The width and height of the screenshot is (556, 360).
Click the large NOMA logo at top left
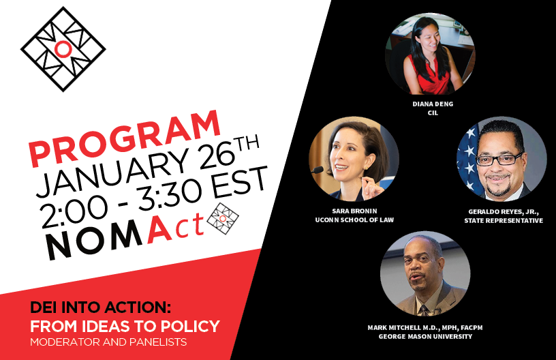pos(63,49)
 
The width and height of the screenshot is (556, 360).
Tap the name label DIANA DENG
pos(432,104)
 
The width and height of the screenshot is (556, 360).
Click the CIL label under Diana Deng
pos(432,113)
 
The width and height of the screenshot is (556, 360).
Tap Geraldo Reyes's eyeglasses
pos(499,160)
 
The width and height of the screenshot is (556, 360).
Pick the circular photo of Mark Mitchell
pos(425,275)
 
